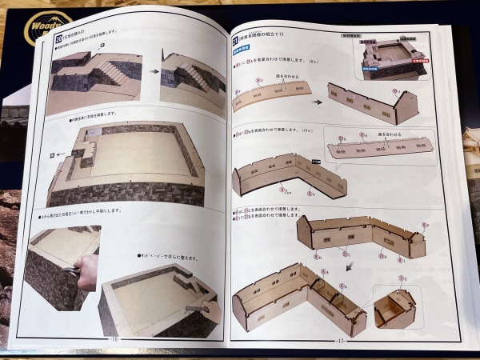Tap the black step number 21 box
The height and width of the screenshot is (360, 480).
[x=235, y=38]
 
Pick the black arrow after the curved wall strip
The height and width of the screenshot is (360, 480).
[x=317, y=102]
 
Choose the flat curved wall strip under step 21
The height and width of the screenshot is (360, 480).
[x=272, y=98]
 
